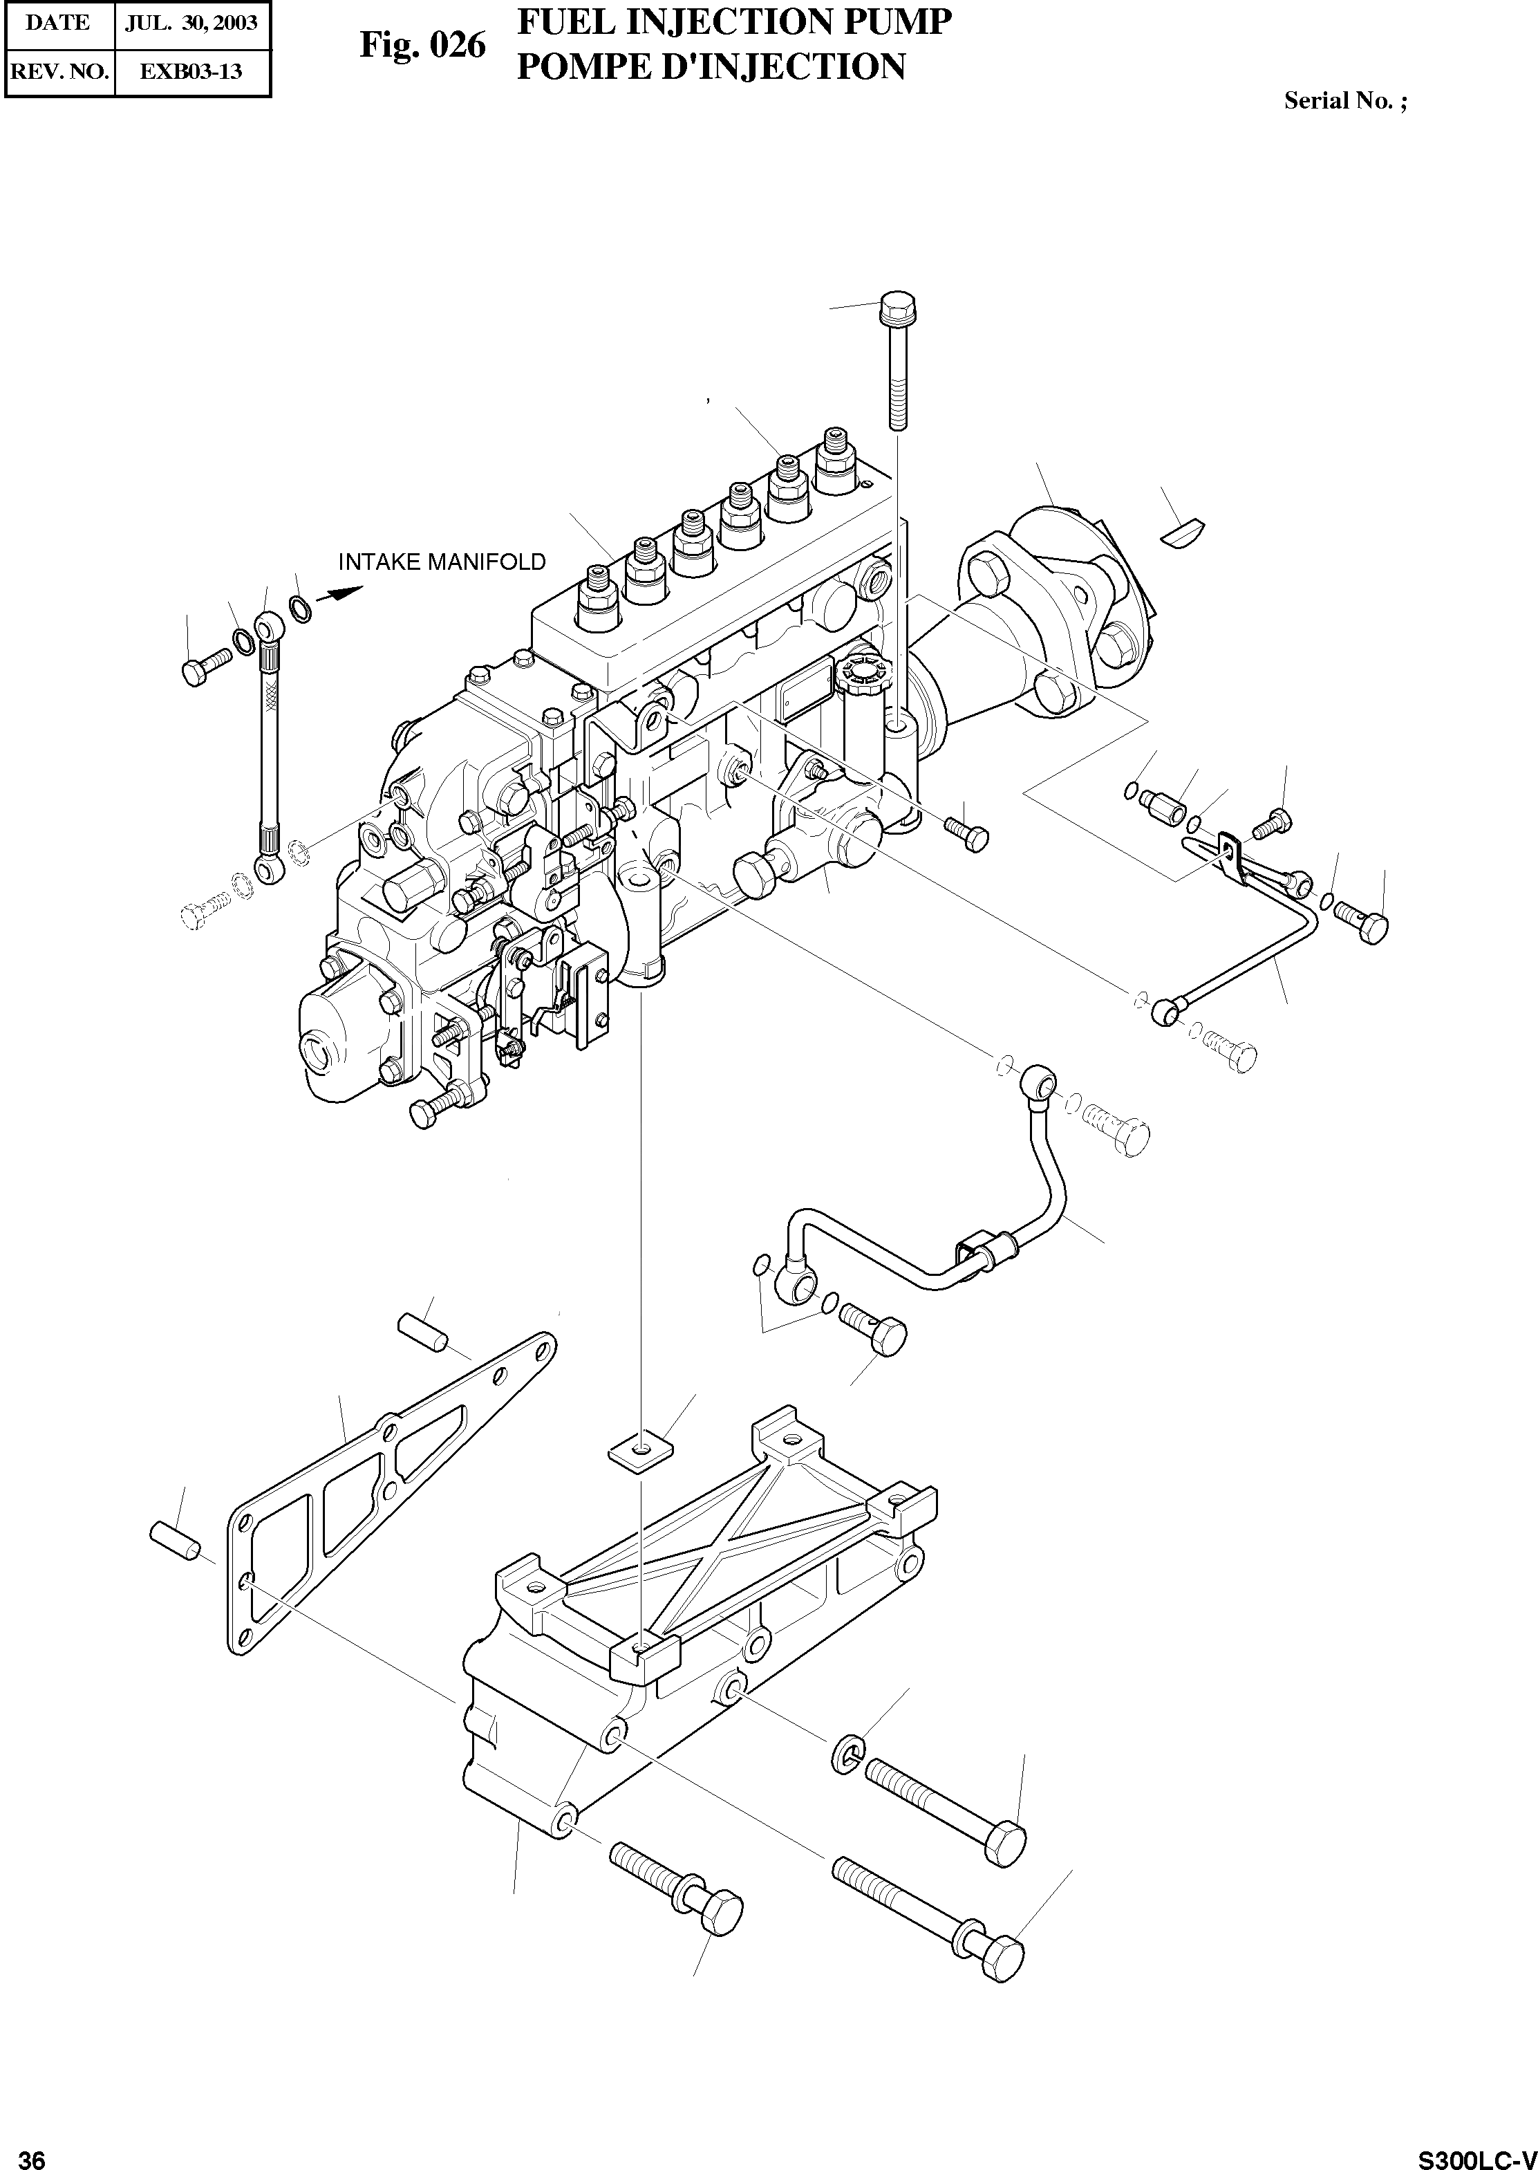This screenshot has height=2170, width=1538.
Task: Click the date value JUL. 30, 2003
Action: tap(191, 24)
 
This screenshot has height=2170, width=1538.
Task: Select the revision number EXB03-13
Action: tap(191, 71)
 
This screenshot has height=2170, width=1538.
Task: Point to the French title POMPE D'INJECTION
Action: tap(711, 66)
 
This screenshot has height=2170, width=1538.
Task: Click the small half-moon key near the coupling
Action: tap(1181, 531)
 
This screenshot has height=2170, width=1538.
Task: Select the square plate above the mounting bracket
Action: tap(640, 1449)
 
